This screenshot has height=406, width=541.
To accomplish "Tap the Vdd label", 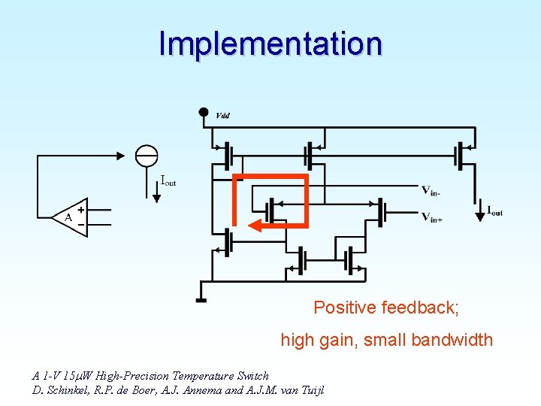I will click(x=222, y=115).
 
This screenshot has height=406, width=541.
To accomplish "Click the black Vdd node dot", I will click(x=203, y=113).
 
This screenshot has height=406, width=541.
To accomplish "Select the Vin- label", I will click(x=431, y=191).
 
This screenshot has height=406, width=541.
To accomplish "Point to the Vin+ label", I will click(x=431, y=217).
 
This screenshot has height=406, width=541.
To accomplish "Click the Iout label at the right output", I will click(x=495, y=211).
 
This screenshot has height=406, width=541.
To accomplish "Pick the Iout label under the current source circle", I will click(x=168, y=180).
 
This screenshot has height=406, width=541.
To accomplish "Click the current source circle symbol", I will click(x=147, y=156).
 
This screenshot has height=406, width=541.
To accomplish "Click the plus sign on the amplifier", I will click(x=80, y=211).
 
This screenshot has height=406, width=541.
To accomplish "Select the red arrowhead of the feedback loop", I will click(x=254, y=225).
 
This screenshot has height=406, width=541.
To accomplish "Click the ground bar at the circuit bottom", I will click(x=201, y=301).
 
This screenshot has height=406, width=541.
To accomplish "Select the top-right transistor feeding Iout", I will click(x=461, y=156).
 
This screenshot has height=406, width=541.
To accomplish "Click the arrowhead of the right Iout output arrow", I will click(x=480, y=217).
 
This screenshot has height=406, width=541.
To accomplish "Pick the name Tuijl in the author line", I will click(x=310, y=390).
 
